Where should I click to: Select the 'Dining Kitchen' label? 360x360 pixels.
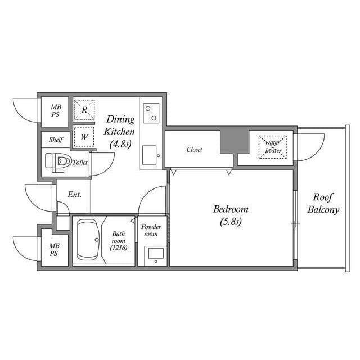[x=119, y=125]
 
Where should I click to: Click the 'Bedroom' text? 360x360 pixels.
[x=231, y=209]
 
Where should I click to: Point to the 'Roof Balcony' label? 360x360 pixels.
[x=323, y=204]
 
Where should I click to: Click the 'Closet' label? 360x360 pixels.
[x=195, y=150]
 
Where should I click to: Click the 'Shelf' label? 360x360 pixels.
[x=56, y=139]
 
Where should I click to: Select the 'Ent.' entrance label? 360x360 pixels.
[x=75, y=195]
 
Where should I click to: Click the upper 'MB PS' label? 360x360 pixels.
[x=55, y=111]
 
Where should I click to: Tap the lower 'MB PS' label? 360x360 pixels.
[x=54, y=250]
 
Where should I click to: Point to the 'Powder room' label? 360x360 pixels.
[x=151, y=230]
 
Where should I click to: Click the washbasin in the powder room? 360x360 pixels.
[x=155, y=254]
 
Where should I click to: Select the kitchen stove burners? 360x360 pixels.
[x=150, y=112]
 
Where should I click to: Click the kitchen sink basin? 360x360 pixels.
[x=150, y=153]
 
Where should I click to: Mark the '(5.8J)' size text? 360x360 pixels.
[x=231, y=222]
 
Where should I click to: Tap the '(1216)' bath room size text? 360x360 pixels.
[x=118, y=248]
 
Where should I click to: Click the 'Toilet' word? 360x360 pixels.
[x=80, y=162]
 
